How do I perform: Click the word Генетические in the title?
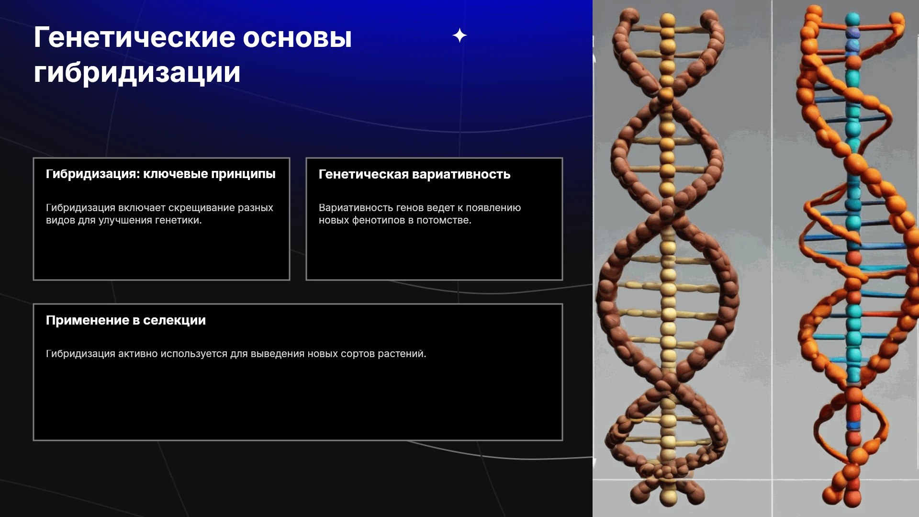[134, 37]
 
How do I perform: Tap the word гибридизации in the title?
[137, 73]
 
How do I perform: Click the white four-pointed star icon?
[459, 35]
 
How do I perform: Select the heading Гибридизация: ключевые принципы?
[161, 174]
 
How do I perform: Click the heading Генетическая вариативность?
[415, 174]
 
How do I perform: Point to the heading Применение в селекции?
[126, 320]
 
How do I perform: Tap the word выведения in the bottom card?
[277, 354]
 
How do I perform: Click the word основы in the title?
[297, 37]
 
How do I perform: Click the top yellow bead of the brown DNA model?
[667, 20]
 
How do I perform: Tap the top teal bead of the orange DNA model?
[852, 20]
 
